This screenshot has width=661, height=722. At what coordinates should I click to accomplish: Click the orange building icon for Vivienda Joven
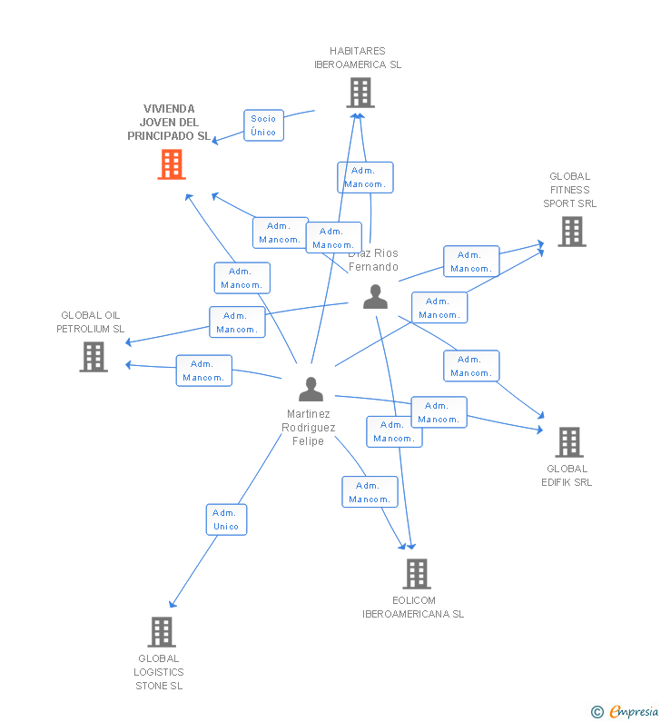pos(172,164)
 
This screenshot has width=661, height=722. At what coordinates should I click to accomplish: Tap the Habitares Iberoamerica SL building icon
pos(360,93)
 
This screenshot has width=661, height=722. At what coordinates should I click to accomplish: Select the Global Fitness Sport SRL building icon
pos(571,232)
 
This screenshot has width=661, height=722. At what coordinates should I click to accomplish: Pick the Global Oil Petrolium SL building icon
pos(94,357)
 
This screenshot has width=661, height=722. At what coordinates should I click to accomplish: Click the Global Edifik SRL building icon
pos(569,442)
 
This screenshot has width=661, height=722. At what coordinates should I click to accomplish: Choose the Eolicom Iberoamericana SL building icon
pos(417,574)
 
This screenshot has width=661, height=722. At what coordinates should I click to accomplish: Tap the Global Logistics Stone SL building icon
pos(161,632)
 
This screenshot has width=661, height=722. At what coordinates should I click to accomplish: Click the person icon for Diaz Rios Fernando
pos(375,296)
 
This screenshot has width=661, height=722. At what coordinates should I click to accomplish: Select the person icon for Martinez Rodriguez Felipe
pos(311,390)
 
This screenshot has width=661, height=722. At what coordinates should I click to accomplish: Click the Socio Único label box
pos(263,125)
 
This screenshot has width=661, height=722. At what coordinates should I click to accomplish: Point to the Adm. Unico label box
pos(226,519)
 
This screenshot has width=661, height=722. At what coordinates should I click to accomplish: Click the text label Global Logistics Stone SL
pos(159,672)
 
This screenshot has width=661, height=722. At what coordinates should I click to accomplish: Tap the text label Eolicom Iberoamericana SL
pos(413,608)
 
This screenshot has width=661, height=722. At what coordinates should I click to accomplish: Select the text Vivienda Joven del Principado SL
pos(168,123)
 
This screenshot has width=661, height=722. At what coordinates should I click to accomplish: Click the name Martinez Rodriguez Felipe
pos(309,428)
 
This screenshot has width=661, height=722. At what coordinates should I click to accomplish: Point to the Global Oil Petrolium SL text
pos(91,322)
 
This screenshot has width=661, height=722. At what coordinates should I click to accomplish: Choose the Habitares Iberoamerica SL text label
pos(358,58)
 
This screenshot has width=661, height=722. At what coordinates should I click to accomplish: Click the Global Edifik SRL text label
pos(567,476)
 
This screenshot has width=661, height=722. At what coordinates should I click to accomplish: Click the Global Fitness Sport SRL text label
pos(570,190)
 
